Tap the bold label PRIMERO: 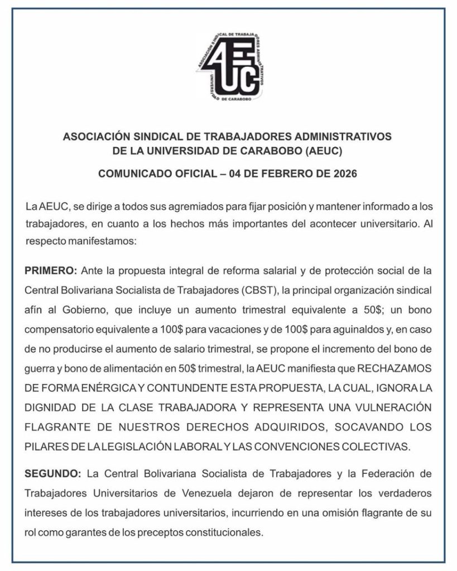(x=51, y=270)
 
